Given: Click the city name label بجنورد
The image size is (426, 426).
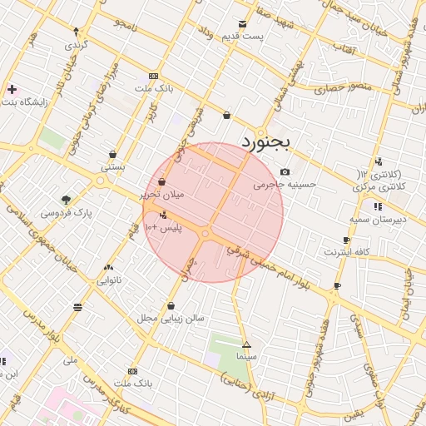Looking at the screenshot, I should [265, 143].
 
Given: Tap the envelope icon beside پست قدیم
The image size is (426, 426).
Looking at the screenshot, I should [242, 24].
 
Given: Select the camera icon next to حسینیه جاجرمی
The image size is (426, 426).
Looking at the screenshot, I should [285, 172].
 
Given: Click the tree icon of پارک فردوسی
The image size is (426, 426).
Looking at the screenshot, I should [67, 200].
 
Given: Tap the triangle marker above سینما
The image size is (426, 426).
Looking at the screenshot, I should [246, 344].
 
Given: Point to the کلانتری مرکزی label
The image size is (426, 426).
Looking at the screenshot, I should [379, 187].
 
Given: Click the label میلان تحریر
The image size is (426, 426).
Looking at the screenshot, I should [161, 194].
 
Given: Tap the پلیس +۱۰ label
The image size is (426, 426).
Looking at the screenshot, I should [162, 227].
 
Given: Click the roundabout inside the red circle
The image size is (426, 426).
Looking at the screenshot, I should [206, 235].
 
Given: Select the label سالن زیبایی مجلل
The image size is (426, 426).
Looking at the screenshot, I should [171, 318].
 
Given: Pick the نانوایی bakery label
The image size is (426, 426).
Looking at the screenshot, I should [109, 280].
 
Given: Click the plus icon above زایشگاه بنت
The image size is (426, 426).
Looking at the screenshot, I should [12, 89].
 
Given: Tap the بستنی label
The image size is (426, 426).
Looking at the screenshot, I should [113, 166].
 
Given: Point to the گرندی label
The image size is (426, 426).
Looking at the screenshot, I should [77, 43].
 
